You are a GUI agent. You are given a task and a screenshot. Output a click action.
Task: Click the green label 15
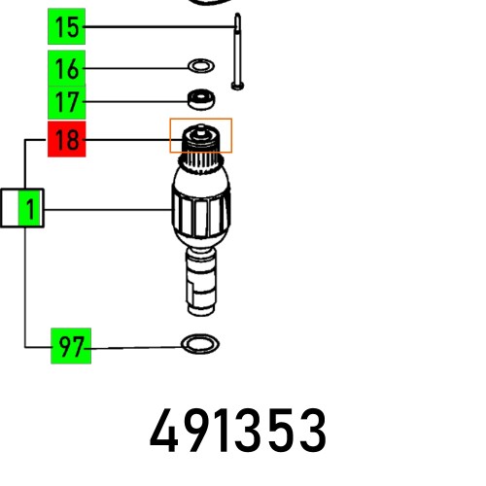click(x=66, y=27)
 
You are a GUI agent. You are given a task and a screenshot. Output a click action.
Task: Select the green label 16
click(x=66, y=68)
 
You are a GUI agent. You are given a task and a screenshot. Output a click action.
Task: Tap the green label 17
click(x=66, y=100)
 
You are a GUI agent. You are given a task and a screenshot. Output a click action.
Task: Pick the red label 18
click(x=66, y=141)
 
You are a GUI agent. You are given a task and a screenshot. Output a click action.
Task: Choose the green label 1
click(x=31, y=208)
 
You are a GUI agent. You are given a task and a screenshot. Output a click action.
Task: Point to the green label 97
click(x=70, y=347)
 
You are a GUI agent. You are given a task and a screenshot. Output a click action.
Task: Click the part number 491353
click(x=238, y=431)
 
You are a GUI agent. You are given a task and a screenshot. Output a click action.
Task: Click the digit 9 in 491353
click(x=191, y=431)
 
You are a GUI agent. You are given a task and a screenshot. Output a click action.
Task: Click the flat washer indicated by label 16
click(x=200, y=68)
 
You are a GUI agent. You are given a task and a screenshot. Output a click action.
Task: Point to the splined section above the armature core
click(x=200, y=156)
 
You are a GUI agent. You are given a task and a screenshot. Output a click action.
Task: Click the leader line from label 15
click(x=156, y=27)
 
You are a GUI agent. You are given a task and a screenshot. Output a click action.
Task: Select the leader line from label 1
click(x=107, y=208)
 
